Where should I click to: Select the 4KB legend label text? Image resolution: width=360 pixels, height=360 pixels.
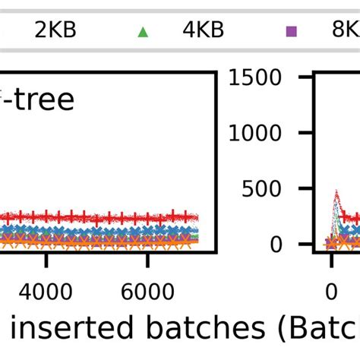(203, 31)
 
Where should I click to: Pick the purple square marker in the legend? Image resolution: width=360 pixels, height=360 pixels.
(290, 31)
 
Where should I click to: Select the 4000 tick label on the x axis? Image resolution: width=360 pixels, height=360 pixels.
(46, 292)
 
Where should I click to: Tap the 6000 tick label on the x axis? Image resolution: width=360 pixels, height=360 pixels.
(147, 292)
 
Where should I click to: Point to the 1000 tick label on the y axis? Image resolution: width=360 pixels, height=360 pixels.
(261, 133)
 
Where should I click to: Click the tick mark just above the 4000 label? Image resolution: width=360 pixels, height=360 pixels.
(46, 260)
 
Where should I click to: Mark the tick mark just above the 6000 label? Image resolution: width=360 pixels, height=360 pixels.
(147, 260)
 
